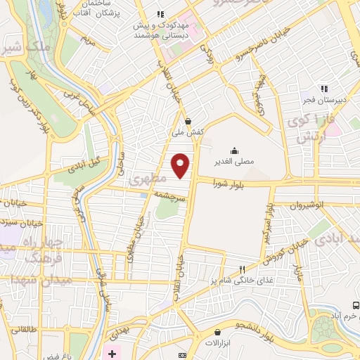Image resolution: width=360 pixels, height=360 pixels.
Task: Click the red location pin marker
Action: coord(180,165)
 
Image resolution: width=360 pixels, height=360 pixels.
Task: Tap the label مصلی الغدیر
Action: coord(234,162)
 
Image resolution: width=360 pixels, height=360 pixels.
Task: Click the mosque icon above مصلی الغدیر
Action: coord(234,150)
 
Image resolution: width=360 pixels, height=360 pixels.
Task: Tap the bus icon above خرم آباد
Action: coord(356,305)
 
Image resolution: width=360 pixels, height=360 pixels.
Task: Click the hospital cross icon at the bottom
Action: coord(112,351)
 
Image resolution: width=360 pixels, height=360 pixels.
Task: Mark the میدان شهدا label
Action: coord(27,281)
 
